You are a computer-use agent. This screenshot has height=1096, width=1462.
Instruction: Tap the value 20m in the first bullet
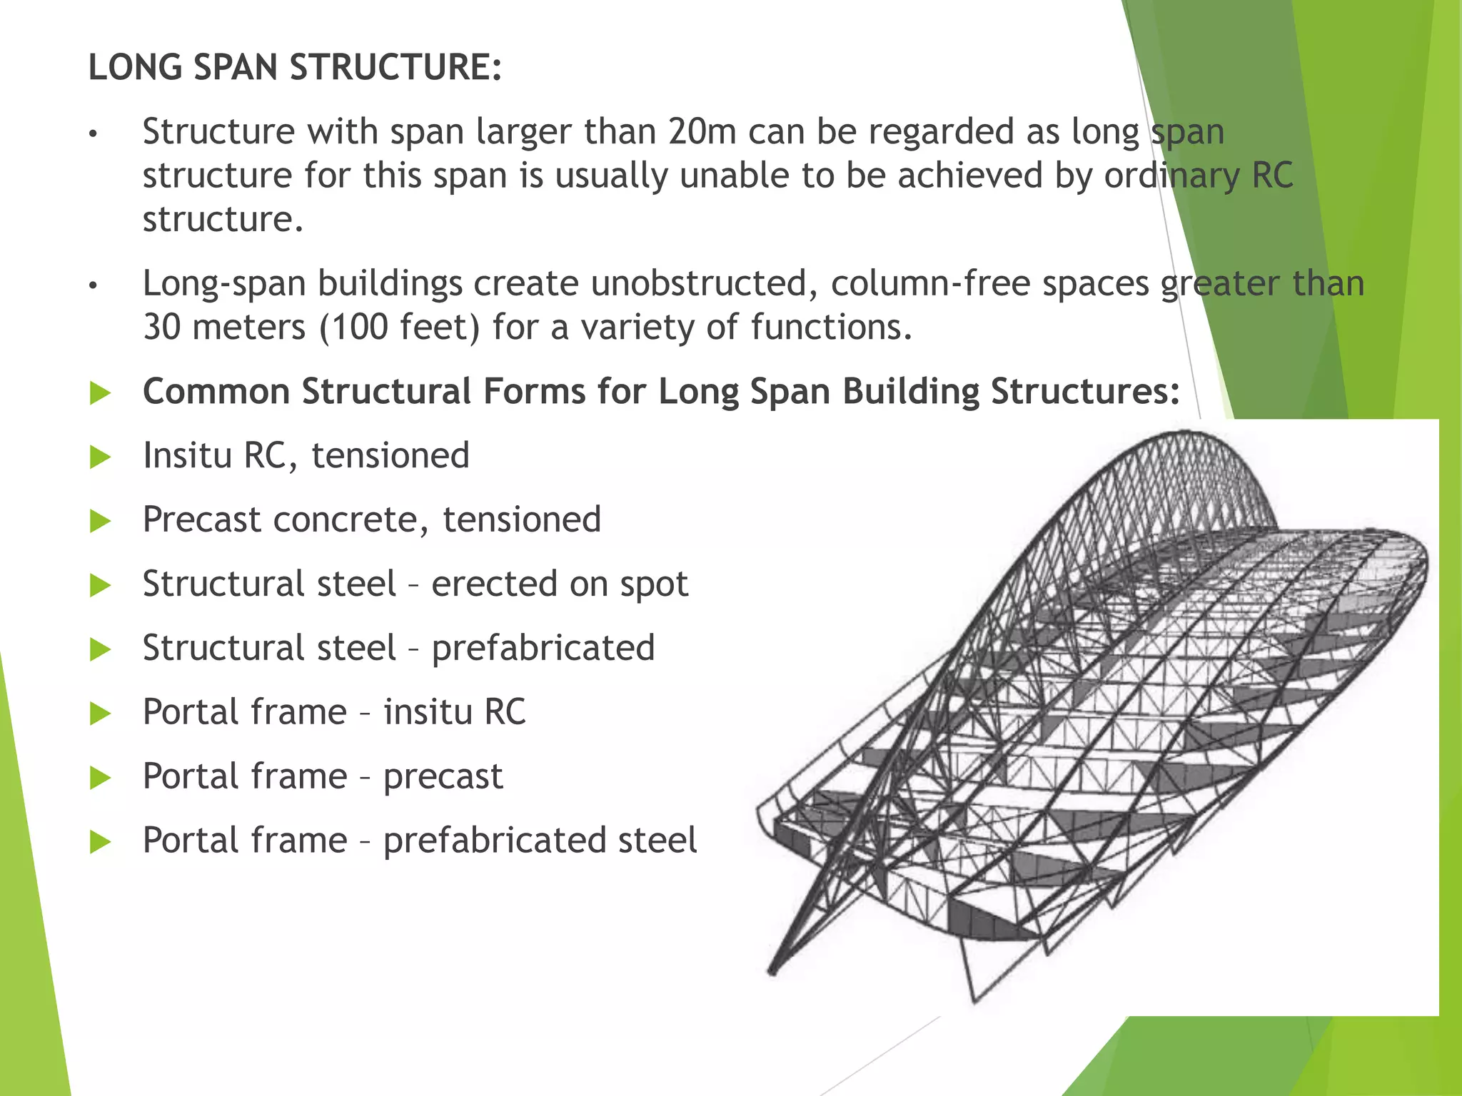(x=702, y=132)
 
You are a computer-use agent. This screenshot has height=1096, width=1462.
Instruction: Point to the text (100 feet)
(x=399, y=328)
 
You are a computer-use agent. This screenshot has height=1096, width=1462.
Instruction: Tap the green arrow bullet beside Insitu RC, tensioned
(x=101, y=457)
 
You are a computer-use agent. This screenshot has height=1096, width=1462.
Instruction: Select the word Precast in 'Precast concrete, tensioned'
(x=202, y=519)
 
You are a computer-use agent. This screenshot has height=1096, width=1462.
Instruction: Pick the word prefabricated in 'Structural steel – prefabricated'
(x=543, y=648)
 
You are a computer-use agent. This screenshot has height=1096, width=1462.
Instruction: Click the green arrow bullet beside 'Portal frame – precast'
(x=101, y=778)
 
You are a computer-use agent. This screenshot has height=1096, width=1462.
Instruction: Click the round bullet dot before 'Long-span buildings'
(x=92, y=285)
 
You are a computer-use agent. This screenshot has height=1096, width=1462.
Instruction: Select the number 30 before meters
(x=161, y=328)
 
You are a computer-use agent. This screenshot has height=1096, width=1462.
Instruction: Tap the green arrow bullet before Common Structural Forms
(x=101, y=392)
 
